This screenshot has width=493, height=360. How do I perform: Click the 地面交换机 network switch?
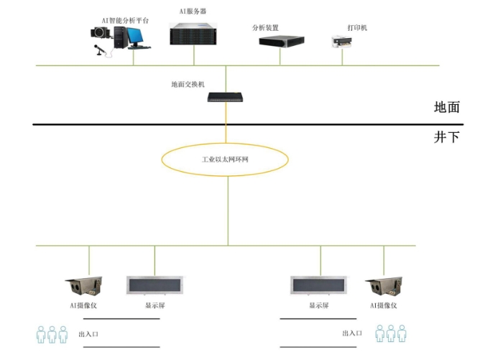[226, 97]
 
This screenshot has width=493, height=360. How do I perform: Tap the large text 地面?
[446, 108]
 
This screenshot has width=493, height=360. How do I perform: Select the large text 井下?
[446, 137]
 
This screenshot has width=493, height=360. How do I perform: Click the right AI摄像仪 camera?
[382, 286]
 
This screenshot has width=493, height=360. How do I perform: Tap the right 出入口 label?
[351, 333]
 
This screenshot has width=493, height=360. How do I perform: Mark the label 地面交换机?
[188, 84]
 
